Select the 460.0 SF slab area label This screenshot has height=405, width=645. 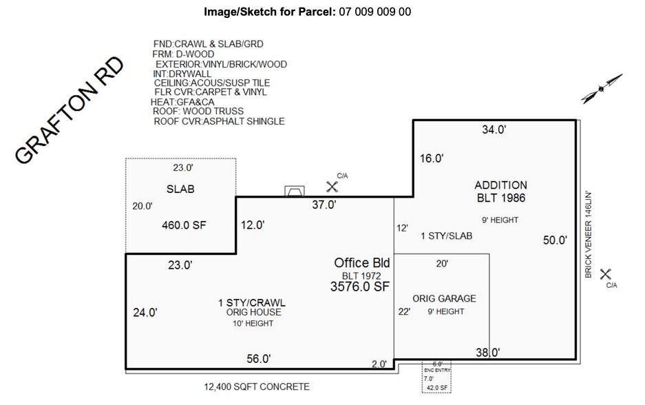pyautogui.click(x=184, y=225)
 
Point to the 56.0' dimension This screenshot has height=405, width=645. pyautogui.click(x=259, y=358)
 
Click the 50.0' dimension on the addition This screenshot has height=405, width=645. pyautogui.click(x=555, y=240)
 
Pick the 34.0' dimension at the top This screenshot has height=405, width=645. pyautogui.click(x=494, y=129)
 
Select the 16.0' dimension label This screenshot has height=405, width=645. pyautogui.click(x=431, y=158)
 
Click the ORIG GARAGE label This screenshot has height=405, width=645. pyautogui.click(x=444, y=298)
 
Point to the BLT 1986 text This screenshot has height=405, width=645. pyautogui.click(x=501, y=198)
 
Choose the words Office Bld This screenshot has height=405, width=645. pyautogui.click(x=362, y=262)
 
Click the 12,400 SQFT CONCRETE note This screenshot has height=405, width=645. pyautogui.click(x=257, y=386)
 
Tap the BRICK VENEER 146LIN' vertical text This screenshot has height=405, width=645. pyautogui.click(x=589, y=234)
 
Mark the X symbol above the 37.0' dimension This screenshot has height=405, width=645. pyautogui.click(x=332, y=186)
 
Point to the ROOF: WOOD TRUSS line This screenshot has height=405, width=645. pyautogui.click(x=198, y=111)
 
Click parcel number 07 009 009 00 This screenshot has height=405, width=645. pyautogui.click(x=375, y=12)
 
